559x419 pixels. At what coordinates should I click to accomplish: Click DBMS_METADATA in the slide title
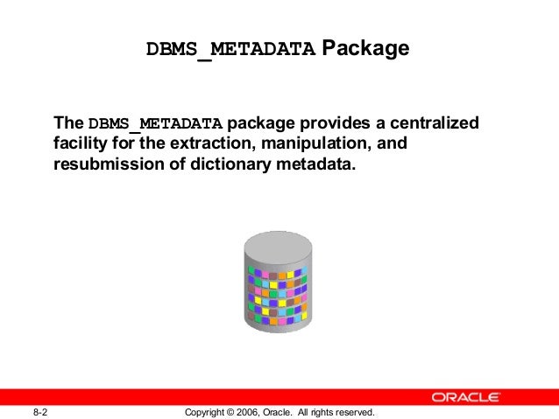[231, 50]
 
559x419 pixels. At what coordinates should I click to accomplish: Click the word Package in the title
[365, 48]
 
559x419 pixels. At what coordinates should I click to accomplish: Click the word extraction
[230, 144]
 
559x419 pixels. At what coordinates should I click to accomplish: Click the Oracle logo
[466, 397]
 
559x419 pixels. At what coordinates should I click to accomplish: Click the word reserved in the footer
[353, 412]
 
